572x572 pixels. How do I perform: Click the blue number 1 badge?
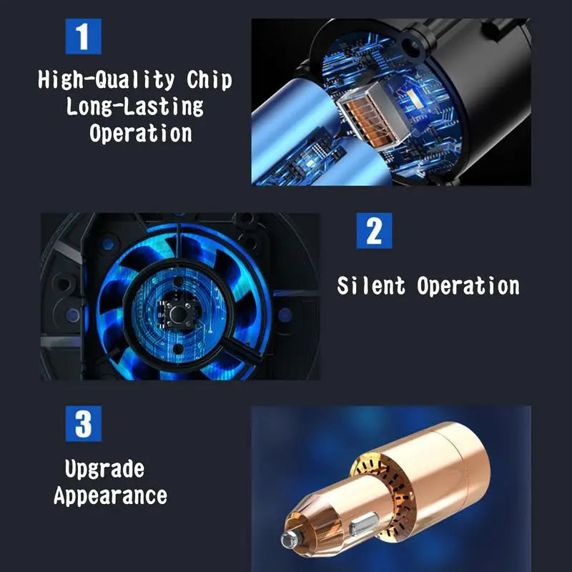[83, 36]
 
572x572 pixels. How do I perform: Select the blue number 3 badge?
[83, 424]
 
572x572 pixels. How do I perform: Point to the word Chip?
[210, 80]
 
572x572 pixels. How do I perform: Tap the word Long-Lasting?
[135, 107]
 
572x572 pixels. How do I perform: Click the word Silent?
[372, 286]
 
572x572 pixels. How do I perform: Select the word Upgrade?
[104, 469]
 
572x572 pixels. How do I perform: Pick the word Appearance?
[110, 495]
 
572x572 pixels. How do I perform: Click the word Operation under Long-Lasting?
[141, 133]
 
